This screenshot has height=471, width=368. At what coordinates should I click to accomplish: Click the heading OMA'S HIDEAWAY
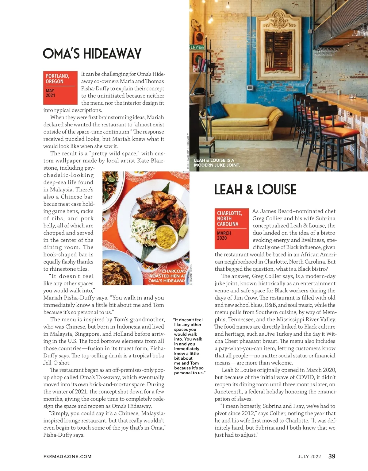click(92, 54)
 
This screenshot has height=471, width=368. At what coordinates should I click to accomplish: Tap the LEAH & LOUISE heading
click(255, 190)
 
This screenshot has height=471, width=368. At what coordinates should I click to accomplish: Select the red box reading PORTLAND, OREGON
click(57, 79)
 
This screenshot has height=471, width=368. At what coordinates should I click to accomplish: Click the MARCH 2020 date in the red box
click(224, 236)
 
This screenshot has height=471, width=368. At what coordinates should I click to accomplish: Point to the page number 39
click(332, 456)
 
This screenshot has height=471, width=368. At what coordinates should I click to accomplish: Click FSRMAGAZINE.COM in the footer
click(67, 457)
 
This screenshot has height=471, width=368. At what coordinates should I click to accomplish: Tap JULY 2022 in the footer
click(309, 457)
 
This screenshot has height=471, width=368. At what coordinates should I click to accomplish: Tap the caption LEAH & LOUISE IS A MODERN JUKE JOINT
click(217, 163)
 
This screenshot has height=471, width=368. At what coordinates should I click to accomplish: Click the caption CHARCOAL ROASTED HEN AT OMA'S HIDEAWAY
click(167, 276)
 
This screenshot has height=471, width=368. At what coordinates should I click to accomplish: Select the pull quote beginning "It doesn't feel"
click(189, 346)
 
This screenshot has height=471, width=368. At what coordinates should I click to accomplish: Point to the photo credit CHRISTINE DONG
click(191, 275)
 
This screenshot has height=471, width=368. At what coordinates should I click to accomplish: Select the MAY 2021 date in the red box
click(50, 93)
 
